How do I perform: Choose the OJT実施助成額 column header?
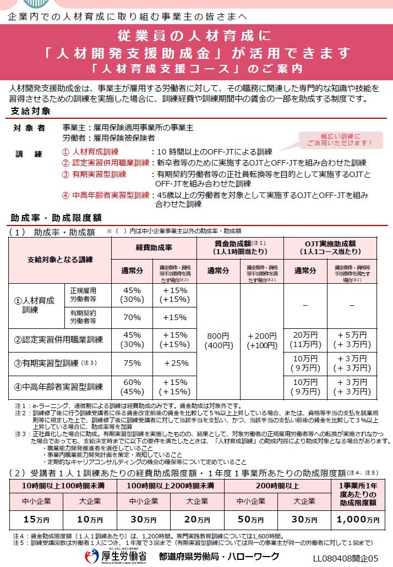(330, 247)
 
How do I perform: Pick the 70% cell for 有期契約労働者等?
(132, 317)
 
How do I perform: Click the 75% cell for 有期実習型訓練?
(132, 362)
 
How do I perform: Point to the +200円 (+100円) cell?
(261, 341)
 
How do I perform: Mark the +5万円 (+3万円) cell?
(351, 340)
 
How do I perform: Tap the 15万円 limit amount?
(36, 519)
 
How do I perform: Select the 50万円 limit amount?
(252, 519)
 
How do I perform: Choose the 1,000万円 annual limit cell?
(358, 519)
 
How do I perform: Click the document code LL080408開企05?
(346, 558)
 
